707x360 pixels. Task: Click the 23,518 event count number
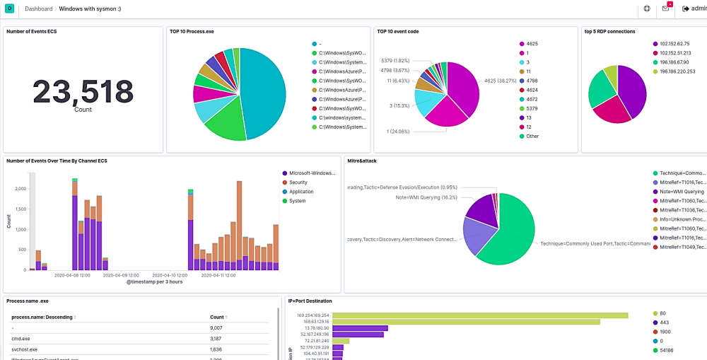pyautogui.click(x=83, y=91)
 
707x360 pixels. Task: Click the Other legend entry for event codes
pyautogui.click(x=532, y=136)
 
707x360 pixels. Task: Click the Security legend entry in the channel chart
pyautogui.click(x=298, y=182)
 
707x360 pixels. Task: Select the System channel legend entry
pyautogui.click(x=297, y=201)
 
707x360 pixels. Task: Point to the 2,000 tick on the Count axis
pyautogui.click(x=20, y=190)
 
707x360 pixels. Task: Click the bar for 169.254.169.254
pyautogui.click(x=480, y=315)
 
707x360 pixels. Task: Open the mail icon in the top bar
pyautogui.click(x=666, y=9)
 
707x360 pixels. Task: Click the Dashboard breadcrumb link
pyautogui.click(x=38, y=9)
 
